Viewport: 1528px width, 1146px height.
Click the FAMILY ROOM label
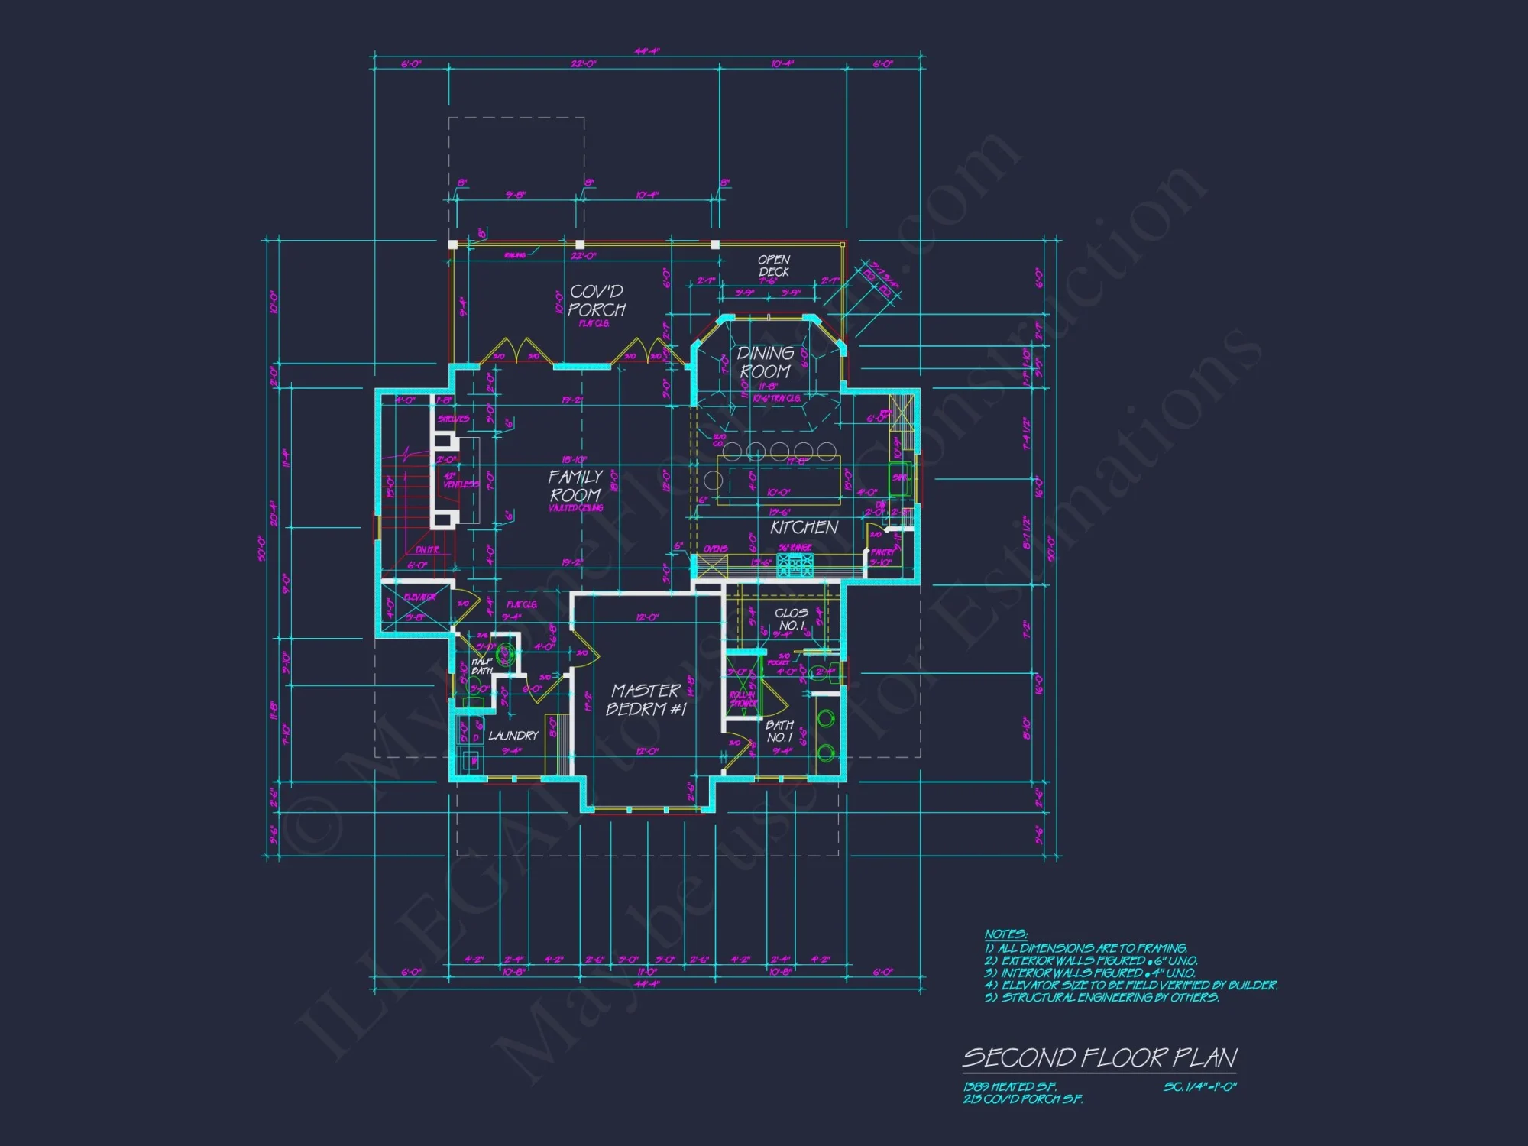point(575,486)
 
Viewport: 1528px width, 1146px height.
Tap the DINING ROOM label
point(765,362)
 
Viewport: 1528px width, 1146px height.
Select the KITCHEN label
point(804,527)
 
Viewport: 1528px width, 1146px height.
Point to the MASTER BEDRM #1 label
point(646,700)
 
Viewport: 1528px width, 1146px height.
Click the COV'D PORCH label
point(597,301)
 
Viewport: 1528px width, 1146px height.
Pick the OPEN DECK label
point(774,266)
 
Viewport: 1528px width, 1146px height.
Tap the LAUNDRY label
point(513,736)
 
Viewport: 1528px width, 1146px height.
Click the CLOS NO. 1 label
point(791,619)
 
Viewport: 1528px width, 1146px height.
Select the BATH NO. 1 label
point(779,731)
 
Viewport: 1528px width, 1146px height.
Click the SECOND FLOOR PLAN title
point(1099,1058)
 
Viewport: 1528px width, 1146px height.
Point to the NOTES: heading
point(1005,934)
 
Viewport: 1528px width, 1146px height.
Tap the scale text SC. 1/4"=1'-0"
point(1199,1086)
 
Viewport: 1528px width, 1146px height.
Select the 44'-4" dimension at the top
point(646,52)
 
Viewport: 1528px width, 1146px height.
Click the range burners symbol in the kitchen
point(795,565)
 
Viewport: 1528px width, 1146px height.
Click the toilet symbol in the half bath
point(504,654)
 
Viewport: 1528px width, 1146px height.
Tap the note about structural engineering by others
point(1102,998)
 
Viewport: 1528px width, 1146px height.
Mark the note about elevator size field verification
point(1131,986)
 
